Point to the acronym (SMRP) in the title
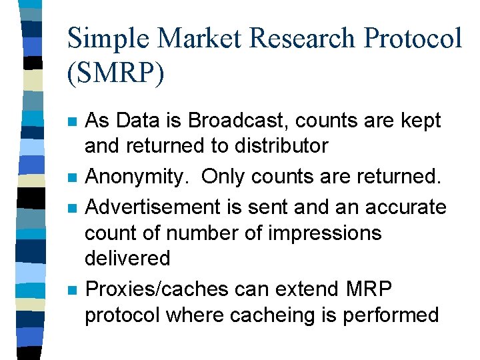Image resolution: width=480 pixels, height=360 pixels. [115, 73]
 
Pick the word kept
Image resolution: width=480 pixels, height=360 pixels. [419, 121]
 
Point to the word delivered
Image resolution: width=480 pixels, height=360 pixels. [127, 258]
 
